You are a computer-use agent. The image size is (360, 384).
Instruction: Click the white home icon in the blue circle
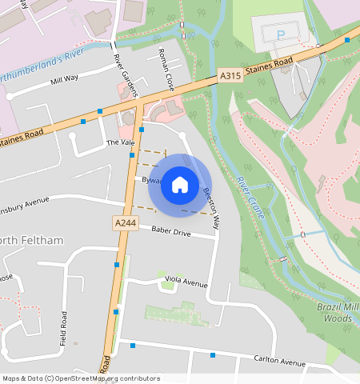coord(180,186)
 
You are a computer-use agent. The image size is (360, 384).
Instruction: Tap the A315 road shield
coord(230,76)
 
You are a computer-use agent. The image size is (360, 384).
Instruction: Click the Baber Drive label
coord(170,232)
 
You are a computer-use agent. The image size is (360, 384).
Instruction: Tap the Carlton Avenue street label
coord(279,361)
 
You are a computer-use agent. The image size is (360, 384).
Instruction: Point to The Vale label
coord(121,142)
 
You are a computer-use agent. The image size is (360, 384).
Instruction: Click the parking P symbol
coord(280,34)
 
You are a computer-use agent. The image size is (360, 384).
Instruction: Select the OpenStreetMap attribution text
coord(80,378)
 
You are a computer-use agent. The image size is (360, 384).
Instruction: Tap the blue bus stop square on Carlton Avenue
coord(213,354)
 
